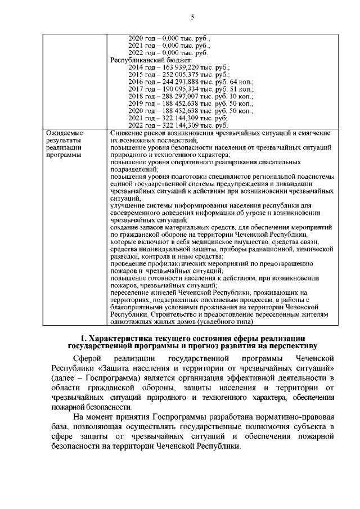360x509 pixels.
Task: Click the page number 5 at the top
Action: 192,17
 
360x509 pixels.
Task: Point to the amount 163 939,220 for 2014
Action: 178,66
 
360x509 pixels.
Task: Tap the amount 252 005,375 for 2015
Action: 178,74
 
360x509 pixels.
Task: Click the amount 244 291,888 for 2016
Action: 178,82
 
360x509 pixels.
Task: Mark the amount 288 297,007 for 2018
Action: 178,96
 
